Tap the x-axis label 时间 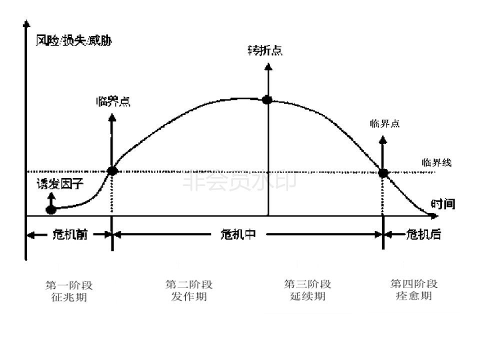click(x=443, y=204)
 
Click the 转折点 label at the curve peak click(x=265, y=50)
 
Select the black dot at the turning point click(x=267, y=99)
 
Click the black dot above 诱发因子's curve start click(x=50, y=209)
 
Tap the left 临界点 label click(x=113, y=101)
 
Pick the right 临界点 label click(x=384, y=123)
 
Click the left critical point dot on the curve click(x=112, y=170)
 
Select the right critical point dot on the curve click(x=383, y=173)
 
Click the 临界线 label click(x=436, y=162)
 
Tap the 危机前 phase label click(x=69, y=234)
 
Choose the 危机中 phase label click(x=238, y=234)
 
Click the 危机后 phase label click(x=424, y=234)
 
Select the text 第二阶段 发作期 click(x=189, y=290)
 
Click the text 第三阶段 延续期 click(x=307, y=290)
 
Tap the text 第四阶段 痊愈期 click(x=414, y=290)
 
